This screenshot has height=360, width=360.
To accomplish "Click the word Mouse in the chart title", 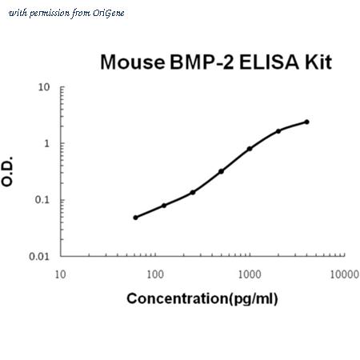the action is pos(133,62).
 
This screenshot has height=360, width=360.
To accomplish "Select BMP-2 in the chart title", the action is pos(202,62).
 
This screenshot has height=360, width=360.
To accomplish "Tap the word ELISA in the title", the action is pos(269,62).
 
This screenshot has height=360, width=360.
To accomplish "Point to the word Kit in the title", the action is pos(318,62).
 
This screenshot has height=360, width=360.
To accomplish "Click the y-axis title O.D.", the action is pos(7,171).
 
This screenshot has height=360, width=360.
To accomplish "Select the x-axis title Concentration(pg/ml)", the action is pos(202,298).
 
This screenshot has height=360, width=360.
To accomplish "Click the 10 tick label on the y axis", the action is pos(44,87).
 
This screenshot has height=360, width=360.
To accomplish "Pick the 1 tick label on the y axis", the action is pos(47,144).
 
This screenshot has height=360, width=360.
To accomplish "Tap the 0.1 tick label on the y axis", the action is pos(42,200).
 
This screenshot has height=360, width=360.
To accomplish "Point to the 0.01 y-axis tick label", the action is pos(39,257).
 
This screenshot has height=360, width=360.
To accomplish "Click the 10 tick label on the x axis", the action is pos(60,274).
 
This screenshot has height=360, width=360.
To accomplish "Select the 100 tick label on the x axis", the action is pos(155,274).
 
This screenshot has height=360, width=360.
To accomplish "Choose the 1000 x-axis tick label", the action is pos(250,274).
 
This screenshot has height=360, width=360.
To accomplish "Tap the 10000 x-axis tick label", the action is pos(344,274).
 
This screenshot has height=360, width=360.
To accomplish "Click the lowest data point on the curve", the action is pos(135,218).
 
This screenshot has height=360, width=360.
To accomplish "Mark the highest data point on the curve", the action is pos(306,122).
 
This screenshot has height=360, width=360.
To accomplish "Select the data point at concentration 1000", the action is pos(250,149).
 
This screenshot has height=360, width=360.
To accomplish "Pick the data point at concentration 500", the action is pos(221,171).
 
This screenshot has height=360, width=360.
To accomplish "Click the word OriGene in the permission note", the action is pos(108,14).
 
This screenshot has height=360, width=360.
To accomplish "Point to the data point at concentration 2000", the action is pos(278,131).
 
